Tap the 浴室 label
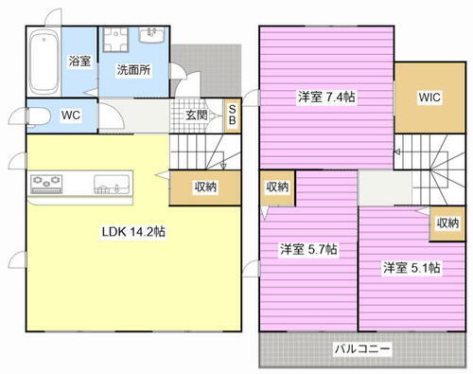point(79,61)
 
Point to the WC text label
point(71,116)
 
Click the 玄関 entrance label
point(197,115)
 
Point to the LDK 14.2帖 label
point(134,231)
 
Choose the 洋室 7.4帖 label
point(325,97)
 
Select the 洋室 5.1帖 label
point(412,267)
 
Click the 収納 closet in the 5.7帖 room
point(278,187)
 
